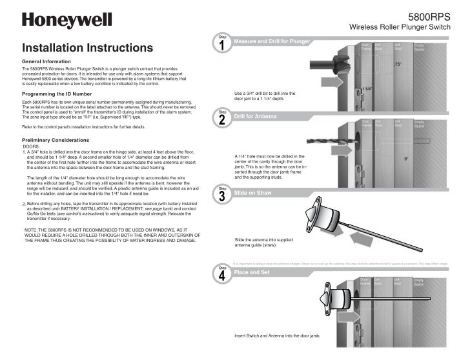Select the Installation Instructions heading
click(88, 48)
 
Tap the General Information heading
click(50, 61)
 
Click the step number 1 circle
click(222, 46)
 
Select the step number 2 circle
click(222, 121)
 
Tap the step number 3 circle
click(222, 196)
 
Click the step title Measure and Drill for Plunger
click(272, 41)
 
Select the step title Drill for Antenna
click(256, 116)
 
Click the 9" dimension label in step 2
click(405, 157)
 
